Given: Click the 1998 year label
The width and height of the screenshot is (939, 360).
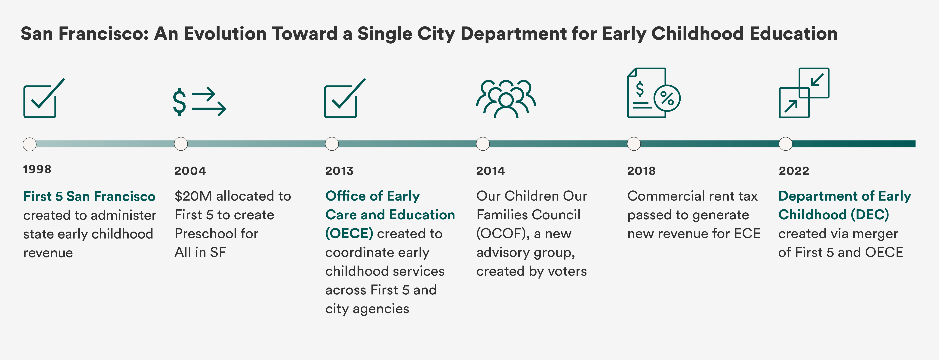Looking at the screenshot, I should [37, 169].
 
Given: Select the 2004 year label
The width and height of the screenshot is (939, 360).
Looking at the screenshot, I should [190, 171].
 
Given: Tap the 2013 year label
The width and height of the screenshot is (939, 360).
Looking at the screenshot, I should [339, 171].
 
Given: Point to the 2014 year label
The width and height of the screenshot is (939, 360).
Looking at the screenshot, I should [490, 171].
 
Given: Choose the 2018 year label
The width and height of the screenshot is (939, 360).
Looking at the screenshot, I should [641, 171].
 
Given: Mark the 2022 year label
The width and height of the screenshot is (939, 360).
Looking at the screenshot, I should [794, 171].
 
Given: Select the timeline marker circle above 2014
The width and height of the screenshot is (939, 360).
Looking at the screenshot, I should [483, 144].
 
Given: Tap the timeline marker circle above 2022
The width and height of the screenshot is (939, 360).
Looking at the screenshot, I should [786, 144].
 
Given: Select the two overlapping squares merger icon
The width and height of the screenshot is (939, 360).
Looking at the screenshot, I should [804, 93].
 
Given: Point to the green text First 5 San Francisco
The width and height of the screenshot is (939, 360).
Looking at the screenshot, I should [89, 196].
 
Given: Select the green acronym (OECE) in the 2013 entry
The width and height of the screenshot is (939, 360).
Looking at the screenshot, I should [349, 234].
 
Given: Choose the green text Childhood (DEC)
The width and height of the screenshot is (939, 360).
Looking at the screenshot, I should [833, 215].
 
